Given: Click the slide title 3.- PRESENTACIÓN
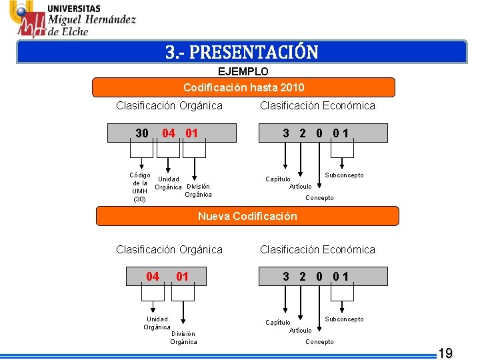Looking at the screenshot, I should click(242, 52).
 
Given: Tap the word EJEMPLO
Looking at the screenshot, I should click(243, 71).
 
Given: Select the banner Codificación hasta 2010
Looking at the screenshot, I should click(243, 87).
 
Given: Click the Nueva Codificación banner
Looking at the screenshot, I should click(247, 216).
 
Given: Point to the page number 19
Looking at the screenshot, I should click(445, 353).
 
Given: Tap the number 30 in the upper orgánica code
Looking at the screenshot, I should click(142, 133).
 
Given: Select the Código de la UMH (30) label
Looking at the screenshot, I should click(139, 187).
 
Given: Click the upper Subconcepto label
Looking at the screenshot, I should click(344, 175).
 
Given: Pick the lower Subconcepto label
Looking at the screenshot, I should click(344, 319).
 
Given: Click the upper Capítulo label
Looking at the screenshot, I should click(278, 179).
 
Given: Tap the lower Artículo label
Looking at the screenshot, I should click(300, 330).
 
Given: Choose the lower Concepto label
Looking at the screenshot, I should click(319, 342).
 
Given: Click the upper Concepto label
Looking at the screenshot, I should click(319, 198).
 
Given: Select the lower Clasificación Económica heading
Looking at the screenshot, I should click(317, 249).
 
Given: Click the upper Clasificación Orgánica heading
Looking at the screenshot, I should click(169, 105).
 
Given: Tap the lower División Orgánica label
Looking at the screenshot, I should click(183, 337).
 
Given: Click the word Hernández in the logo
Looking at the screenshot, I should click(105, 20).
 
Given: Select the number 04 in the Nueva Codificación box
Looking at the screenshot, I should click(153, 276).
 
